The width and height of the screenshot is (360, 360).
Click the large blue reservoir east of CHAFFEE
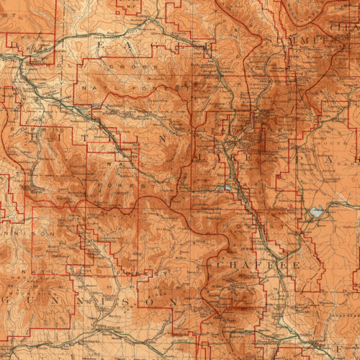(x=316, y=213)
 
